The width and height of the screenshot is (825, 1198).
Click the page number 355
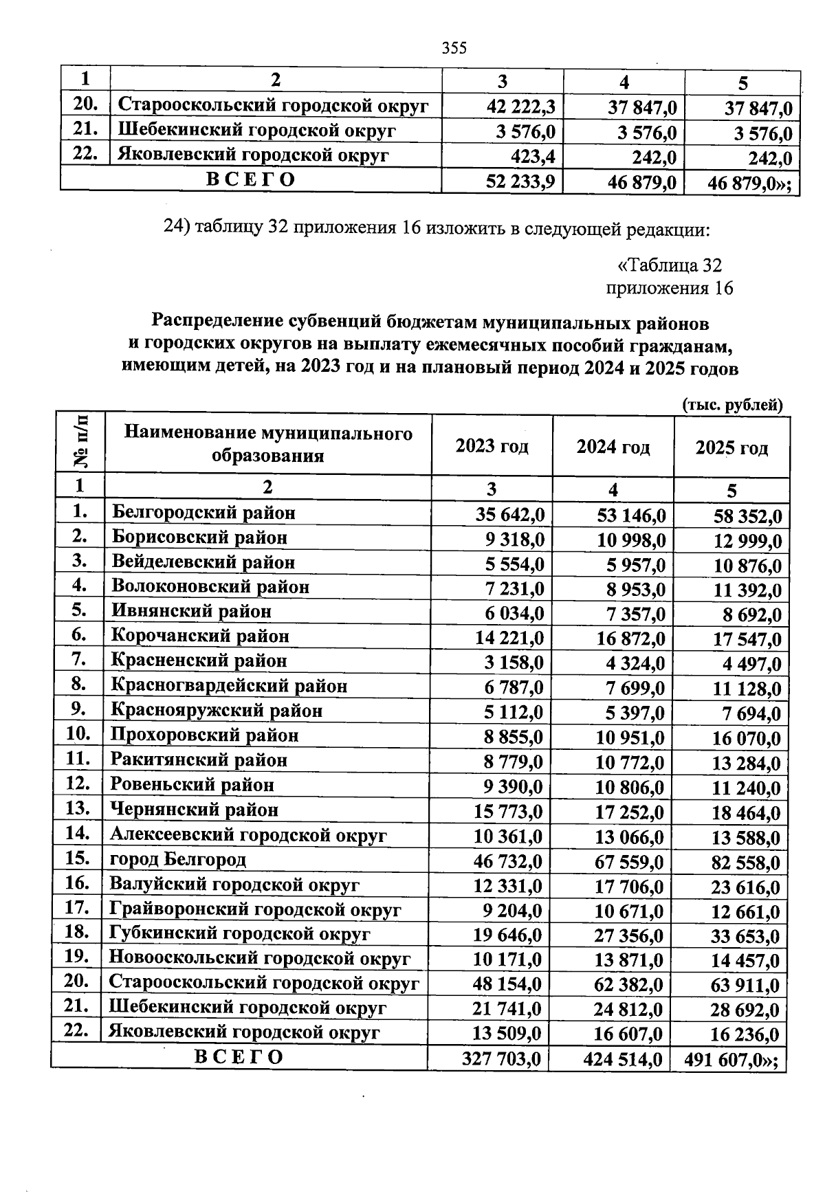[454, 47]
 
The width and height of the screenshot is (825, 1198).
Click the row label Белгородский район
[203, 513]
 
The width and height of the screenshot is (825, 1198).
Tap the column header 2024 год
[613, 447]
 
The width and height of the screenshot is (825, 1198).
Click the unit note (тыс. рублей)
[732, 405]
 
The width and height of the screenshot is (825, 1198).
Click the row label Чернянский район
[195, 810]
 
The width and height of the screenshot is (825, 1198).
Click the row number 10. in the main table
[78, 734]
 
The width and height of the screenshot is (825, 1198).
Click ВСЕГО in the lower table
[239, 1057]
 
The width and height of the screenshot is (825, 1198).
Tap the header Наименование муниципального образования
[268, 444]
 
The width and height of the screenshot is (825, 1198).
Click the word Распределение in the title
[217, 321]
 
